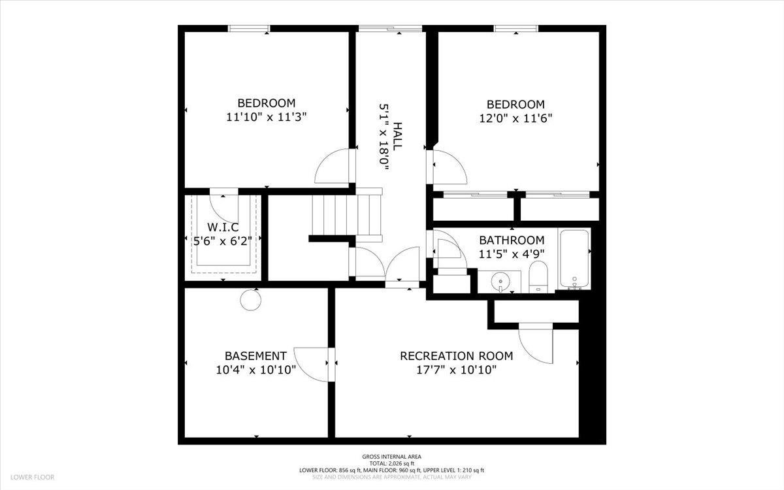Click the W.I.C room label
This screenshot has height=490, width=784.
pos(223,227)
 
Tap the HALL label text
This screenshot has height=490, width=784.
pos(397,137)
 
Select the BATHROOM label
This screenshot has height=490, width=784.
pos(512,240)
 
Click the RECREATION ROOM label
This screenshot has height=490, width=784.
pos(457,356)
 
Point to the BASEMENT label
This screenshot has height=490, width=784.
pos(256,356)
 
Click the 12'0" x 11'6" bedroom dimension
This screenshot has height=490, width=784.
pos(515,118)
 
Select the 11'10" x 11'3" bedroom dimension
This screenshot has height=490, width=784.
pos(267,117)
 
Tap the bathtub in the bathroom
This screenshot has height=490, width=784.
pos(574,259)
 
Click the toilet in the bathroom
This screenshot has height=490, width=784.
pos(538,276)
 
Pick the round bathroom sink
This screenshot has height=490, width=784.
pos(500,281)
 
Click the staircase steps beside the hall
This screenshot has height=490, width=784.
pos(346,215)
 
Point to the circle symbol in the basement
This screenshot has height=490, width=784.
pos(251,300)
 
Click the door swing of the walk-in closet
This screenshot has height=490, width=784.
pos(224,208)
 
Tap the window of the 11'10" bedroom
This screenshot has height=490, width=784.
pos(249,28)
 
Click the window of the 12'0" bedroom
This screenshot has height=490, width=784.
pos(516,28)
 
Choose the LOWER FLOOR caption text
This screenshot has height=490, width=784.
pos(32,478)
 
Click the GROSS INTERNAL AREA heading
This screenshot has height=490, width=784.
pos(391,457)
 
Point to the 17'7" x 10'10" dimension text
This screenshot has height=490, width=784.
pos(457,370)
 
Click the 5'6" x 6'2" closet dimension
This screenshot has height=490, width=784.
pos(223,241)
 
